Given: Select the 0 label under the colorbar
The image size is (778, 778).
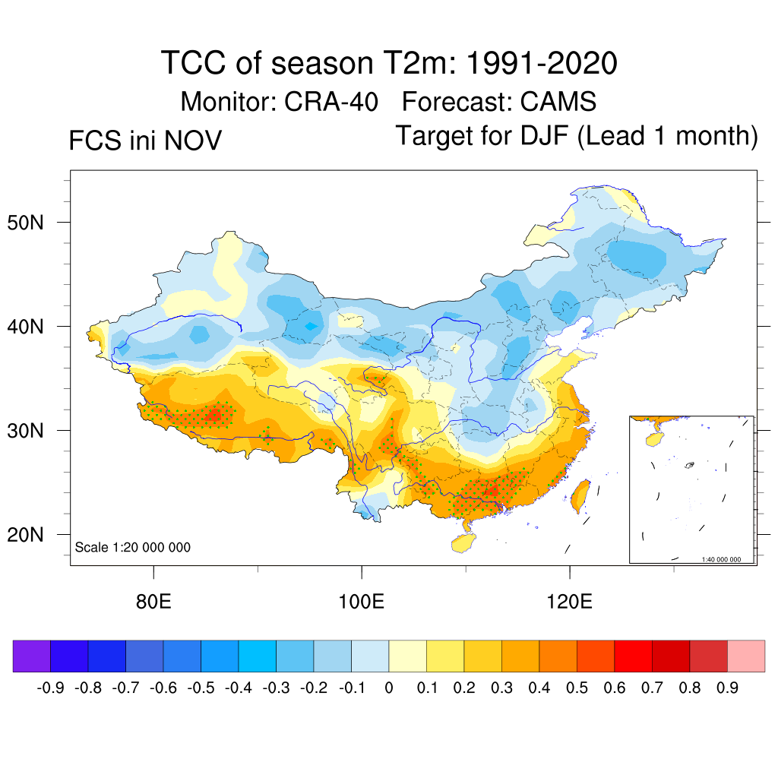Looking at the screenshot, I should tap(388, 688).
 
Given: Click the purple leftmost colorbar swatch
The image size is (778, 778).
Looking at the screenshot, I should tap(32, 656).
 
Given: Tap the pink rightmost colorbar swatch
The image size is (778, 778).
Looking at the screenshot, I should tap(746, 656).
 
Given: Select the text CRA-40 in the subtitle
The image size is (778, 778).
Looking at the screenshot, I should tap(331, 101).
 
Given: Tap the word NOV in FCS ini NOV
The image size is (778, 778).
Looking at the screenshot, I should tap(195, 141).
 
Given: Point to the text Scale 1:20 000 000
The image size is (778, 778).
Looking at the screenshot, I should tap(133, 548).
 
